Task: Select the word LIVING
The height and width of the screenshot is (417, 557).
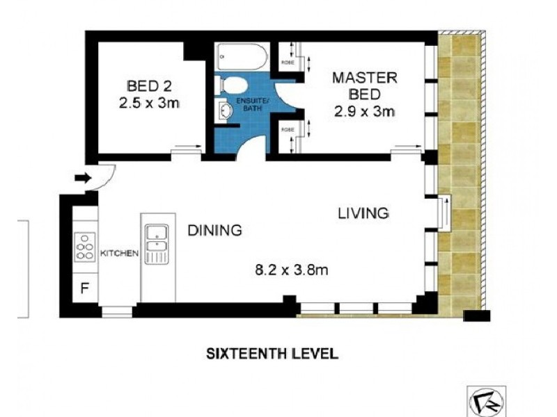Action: coord(363,213)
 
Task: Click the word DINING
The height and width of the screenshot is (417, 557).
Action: coord(214,230)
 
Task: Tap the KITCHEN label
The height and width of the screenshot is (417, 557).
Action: coord(120,253)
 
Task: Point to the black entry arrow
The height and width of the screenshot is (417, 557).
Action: coord(83,179)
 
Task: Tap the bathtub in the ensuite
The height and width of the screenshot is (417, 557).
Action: coord(241,56)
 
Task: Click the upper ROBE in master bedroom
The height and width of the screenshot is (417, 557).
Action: coord(288,61)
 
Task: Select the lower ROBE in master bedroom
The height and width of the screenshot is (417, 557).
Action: coord(288,130)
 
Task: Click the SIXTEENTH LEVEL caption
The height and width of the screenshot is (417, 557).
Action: coord(272,354)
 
